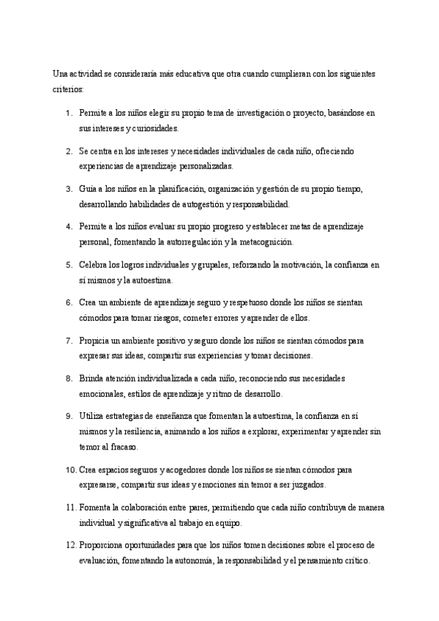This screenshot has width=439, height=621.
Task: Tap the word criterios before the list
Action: [68, 89]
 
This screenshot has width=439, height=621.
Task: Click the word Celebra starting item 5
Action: [94, 265]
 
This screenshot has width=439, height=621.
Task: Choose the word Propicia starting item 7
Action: [95, 341]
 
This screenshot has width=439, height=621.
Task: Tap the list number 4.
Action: [69, 227]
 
